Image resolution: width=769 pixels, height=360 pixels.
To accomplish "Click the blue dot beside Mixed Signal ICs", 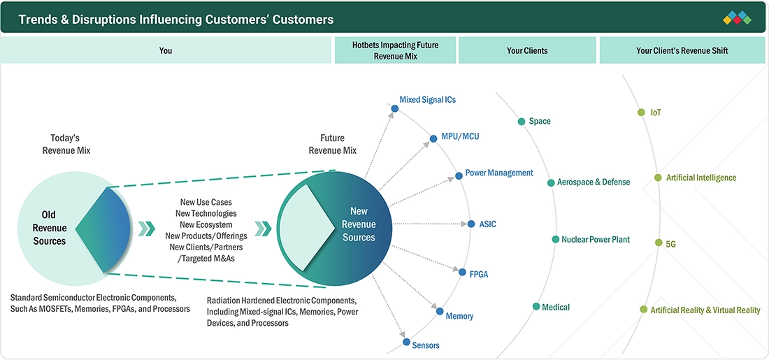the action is [395, 108].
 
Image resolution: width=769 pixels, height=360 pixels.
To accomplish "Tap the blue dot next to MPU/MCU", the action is [433, 139].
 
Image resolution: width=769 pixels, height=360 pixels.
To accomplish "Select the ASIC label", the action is [487, 224].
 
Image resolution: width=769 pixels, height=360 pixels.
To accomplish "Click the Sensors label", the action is [426, 345].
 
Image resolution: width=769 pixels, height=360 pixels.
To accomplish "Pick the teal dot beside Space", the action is [522, 121].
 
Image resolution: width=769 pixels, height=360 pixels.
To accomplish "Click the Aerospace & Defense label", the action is [594, 182].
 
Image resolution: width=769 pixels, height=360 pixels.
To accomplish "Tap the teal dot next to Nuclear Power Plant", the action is [555, 239].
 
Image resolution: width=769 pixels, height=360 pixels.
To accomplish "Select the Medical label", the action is [556, 307].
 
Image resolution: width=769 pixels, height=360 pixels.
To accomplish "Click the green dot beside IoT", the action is [641, 113].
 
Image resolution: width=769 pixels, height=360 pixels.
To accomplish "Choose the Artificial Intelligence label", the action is [700, 178].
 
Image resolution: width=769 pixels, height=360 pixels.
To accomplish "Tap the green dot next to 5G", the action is [659, 243].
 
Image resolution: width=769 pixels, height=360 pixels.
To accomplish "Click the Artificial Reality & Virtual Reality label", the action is [705, 310].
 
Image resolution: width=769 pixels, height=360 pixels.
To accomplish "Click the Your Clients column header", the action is [527, 50].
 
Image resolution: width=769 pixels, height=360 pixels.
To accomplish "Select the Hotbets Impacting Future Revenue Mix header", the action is [395, 50].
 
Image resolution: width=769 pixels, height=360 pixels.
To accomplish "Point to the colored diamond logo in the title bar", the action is [737, 18].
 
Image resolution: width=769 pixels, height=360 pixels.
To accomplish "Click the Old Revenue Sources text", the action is [50, 228].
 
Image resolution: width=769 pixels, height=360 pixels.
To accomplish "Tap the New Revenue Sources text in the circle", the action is [359, 224].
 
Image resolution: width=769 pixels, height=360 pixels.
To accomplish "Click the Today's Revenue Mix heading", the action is [66, 144].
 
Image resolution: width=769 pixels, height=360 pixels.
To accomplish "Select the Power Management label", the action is [498, 173].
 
